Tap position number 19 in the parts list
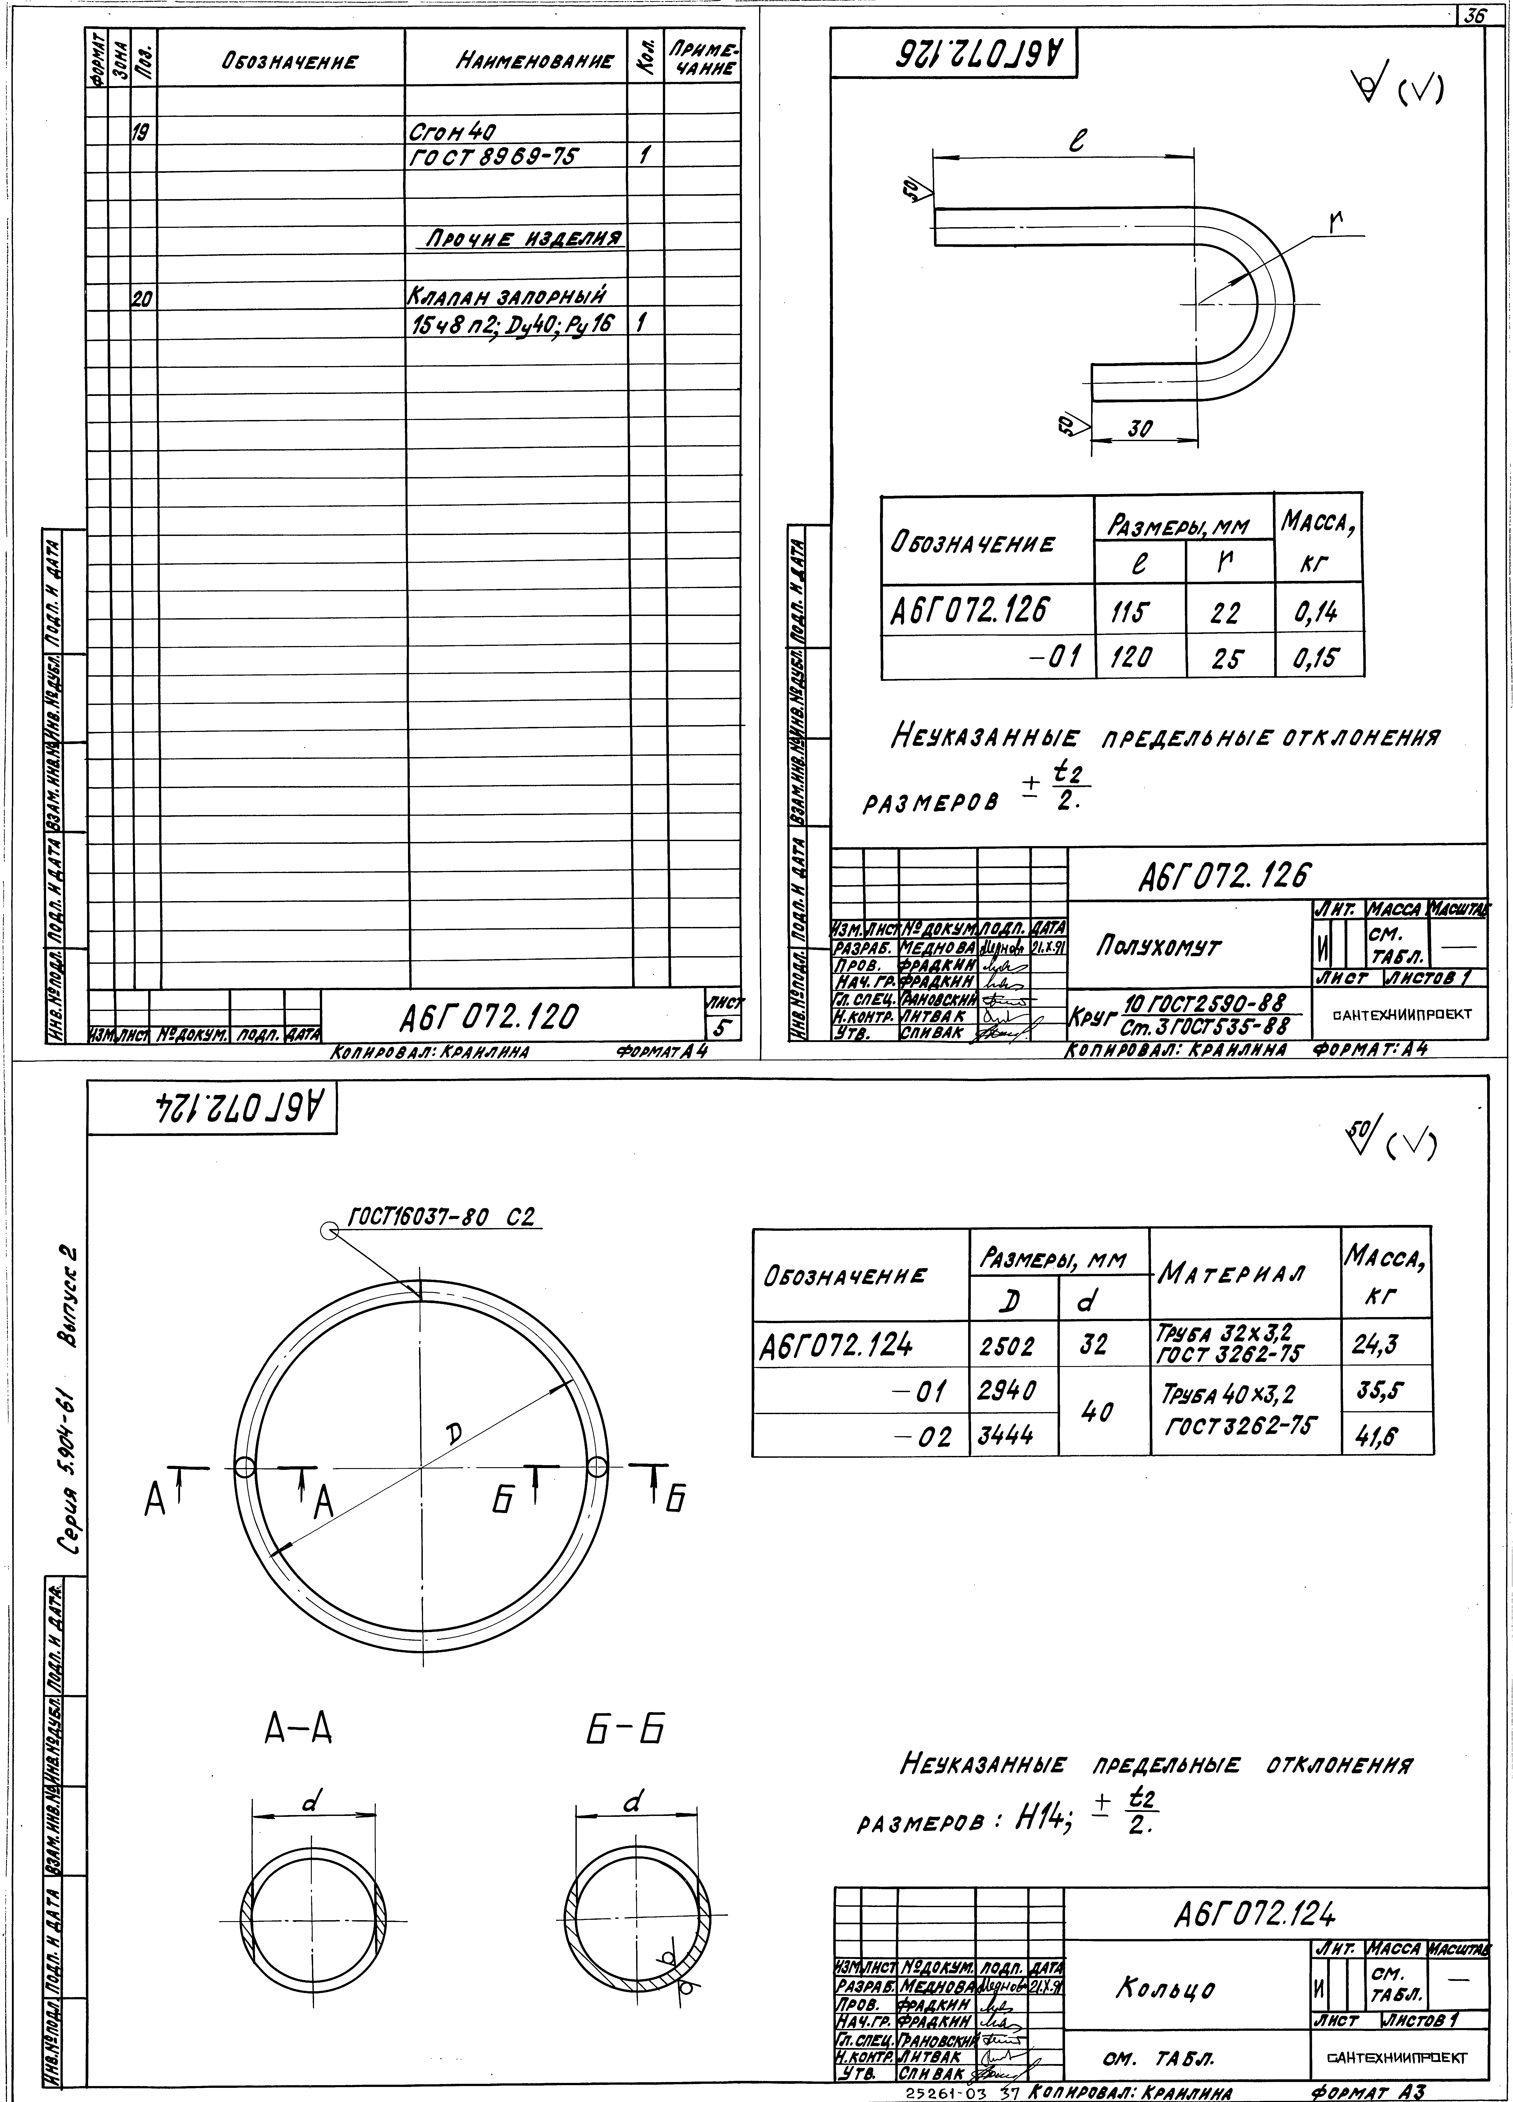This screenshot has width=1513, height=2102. [x=143, y=133]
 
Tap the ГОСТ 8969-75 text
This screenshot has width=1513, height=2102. [x=492, y=157]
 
